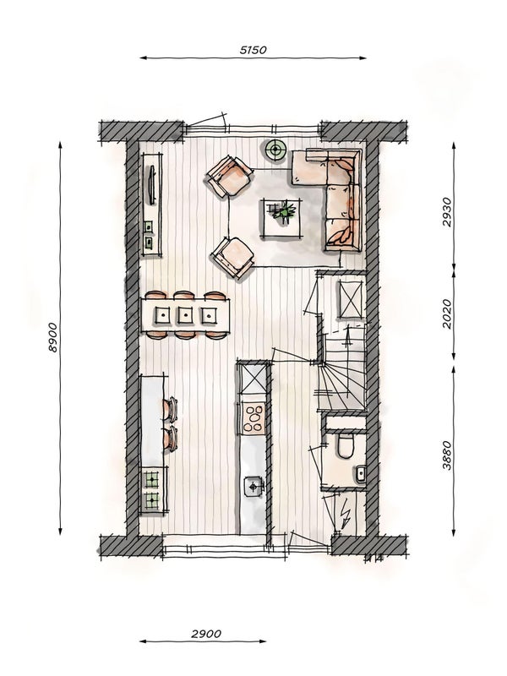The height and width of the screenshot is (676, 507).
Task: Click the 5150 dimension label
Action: pyautogui.click(x=253, y=50)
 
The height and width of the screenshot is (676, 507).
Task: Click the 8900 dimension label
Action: pyautogui.click(x=53, y=337)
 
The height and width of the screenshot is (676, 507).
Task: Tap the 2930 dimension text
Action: pyautogui.click(x=447, y=214)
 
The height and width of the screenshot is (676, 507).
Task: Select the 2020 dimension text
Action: pyautogui.click(x=447, y=313)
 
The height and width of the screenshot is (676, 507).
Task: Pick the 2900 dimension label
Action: pyautogui.click(x=206, y=633)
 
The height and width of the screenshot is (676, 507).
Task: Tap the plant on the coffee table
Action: pyautogui.click(x=283, y=211)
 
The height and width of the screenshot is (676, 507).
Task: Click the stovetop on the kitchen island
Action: pyautogui.click(x=253, y=415)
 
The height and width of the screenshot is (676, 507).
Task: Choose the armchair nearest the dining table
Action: pyautogui.click(x=233, y=257)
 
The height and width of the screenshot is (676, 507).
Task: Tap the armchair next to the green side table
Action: pyautogui.click(x=230, y=176)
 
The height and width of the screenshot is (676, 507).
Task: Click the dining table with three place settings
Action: pyautogui.click(x=186, y=316)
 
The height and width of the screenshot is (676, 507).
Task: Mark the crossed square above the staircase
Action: pyautogui.click(x=350, y=299)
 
